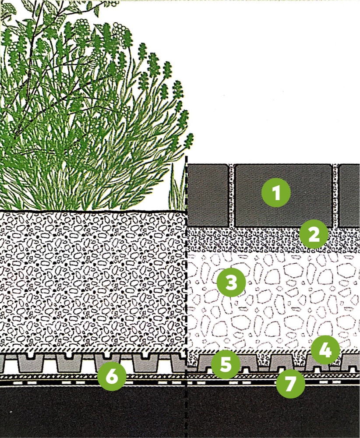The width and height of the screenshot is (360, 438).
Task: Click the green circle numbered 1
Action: (x=276, y=192)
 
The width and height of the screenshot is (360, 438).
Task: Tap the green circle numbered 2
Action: (x=314, y=234)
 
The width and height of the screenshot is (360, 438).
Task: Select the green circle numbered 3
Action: (x=231, y=283)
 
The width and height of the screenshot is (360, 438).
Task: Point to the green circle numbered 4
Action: (x=325, y=350)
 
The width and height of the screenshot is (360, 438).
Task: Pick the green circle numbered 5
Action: (x=226, y=364)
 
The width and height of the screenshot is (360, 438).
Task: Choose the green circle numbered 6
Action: (x=112, y=376)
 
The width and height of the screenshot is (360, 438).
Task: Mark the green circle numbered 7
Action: (x=290, y=384)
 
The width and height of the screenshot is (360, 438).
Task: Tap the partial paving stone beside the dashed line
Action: (x=208, y=195)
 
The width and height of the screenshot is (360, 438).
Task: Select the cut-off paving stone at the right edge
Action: (x=349, y=195)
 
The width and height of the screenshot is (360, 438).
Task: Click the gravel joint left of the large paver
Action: (x=232, y=195)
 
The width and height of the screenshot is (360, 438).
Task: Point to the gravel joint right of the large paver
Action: (x=335, y=195)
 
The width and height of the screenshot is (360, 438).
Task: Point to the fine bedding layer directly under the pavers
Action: (x=273, y=240)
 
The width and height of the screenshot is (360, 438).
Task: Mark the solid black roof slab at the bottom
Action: (x=180, y=412)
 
